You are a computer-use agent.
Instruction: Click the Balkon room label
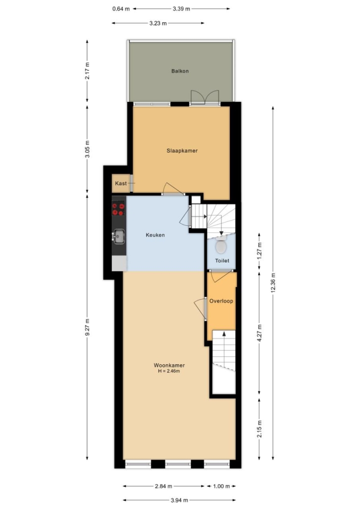180,71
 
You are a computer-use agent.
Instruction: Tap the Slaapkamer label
182,151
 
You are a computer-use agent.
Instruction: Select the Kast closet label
121,183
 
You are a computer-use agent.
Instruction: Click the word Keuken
155,235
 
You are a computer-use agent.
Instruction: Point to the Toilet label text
222,260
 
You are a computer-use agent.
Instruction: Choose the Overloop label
221,301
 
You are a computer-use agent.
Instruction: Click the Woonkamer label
169,365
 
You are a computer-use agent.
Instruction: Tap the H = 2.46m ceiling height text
169,371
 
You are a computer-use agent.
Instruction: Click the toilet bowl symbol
221,245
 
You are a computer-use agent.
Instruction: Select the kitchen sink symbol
119,236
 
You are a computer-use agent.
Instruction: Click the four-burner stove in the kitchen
119,208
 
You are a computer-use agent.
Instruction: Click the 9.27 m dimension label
87,328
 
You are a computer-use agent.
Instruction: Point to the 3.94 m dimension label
180,500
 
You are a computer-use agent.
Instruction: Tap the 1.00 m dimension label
222,486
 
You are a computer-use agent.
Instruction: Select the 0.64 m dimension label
121,9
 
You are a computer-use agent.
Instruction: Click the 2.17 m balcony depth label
87,71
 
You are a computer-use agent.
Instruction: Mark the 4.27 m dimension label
259,333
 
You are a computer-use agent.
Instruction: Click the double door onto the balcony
205,98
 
